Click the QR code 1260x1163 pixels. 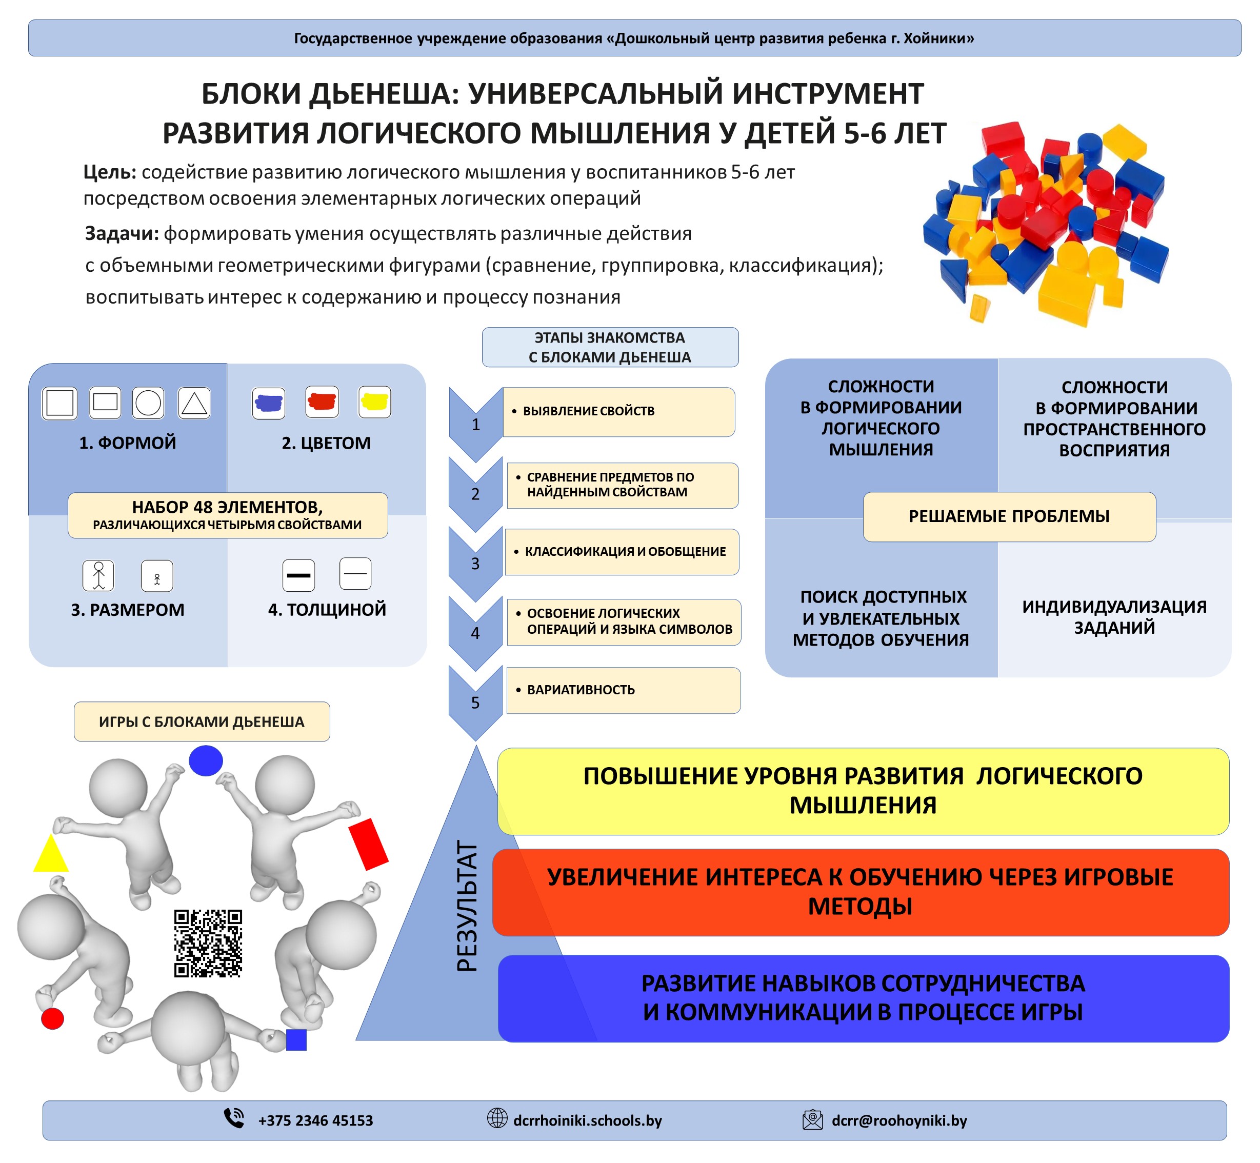pos(208,942)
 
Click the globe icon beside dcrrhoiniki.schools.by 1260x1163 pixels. pos(497,1118)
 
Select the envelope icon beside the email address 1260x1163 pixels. pos(812,1119)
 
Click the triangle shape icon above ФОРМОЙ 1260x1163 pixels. pos(194,403)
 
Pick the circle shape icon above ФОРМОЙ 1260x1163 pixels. pos(149,403)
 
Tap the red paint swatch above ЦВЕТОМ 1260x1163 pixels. pos(322,402)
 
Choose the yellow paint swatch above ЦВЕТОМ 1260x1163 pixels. pos(374,402)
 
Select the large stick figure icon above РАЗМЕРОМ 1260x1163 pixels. pos(99,575)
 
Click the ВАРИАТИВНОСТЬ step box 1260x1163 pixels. pos(623,690)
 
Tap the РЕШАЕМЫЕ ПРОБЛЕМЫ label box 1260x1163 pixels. pos(1009,516)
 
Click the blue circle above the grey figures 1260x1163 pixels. pos(206,760)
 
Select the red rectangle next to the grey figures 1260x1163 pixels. pos(368,844)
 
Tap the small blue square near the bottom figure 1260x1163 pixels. pos(296,1039)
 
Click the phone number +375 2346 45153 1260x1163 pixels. pos(315,1120)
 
